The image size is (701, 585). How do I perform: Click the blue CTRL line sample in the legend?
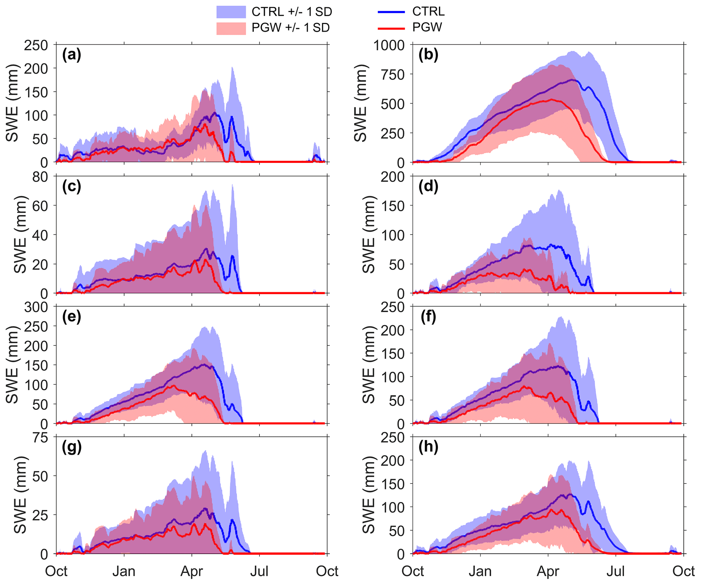click(391, 12)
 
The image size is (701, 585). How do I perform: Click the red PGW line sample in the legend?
click(391, 28)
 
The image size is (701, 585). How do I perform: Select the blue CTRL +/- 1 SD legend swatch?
click(231, 12)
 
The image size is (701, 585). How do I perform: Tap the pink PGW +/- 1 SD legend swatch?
click(231, 28)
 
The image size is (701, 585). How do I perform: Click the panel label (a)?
click(72, 55)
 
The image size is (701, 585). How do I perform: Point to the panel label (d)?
click(428, 186)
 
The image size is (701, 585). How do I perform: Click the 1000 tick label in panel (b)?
click(389, 45)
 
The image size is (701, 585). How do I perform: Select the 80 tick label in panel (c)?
click(40, 176)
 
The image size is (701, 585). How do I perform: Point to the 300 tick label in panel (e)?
click(36, 307)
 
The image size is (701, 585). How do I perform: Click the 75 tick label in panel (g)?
click(40, 438)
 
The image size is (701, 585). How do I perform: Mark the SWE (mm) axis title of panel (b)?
click(361, 103)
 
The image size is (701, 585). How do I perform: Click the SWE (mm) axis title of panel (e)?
click(12, 365)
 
